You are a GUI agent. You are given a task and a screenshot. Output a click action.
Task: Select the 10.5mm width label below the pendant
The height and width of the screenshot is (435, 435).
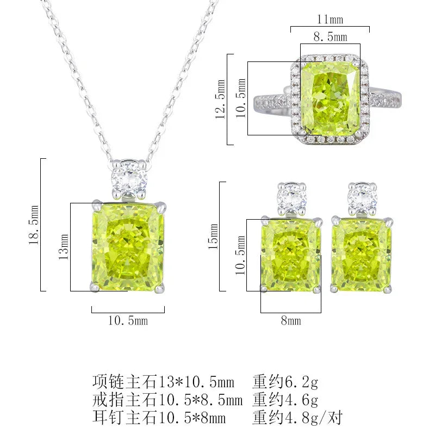(128, 321)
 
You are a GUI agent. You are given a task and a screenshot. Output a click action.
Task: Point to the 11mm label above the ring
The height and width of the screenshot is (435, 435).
(330, 20)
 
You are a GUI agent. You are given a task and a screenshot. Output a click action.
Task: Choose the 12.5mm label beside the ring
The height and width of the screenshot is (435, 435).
(220, 100)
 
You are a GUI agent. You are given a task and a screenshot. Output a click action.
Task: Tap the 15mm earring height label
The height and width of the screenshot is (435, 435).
(214, 236)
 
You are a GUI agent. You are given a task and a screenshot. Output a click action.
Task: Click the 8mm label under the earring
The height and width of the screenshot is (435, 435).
(290, 321)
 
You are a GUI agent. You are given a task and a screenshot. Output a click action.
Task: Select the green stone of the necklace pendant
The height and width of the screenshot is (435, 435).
(128, 246)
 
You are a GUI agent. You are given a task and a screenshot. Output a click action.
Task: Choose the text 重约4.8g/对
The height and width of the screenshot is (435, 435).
(297, 417)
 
